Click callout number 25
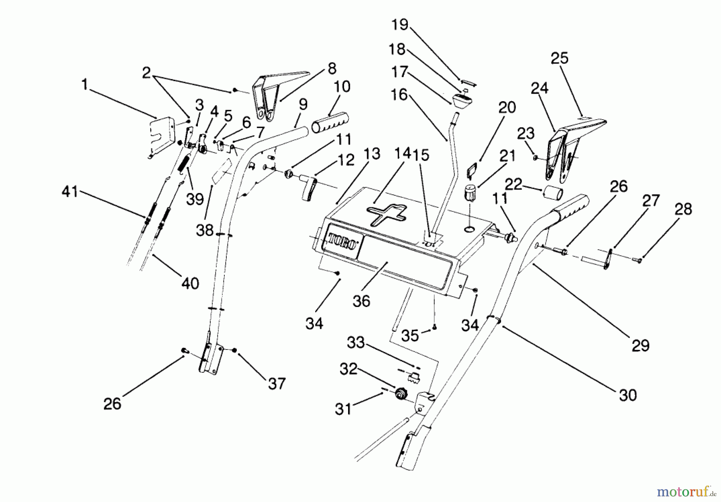pyautogui.click(x=559, y=58)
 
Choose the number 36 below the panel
pyautogui.click(x=361, y=301)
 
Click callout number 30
pyautogui.click(x=628, y=395)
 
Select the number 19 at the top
pyautogui.click(x=399, y=24)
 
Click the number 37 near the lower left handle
pyautogui.click(x=276, y=384)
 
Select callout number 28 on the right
pyautogui.click(x=683, y=209)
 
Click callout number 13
pyautogui.click(x=372, y=154)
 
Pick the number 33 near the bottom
pyautogui.click(x=356, y=343)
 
